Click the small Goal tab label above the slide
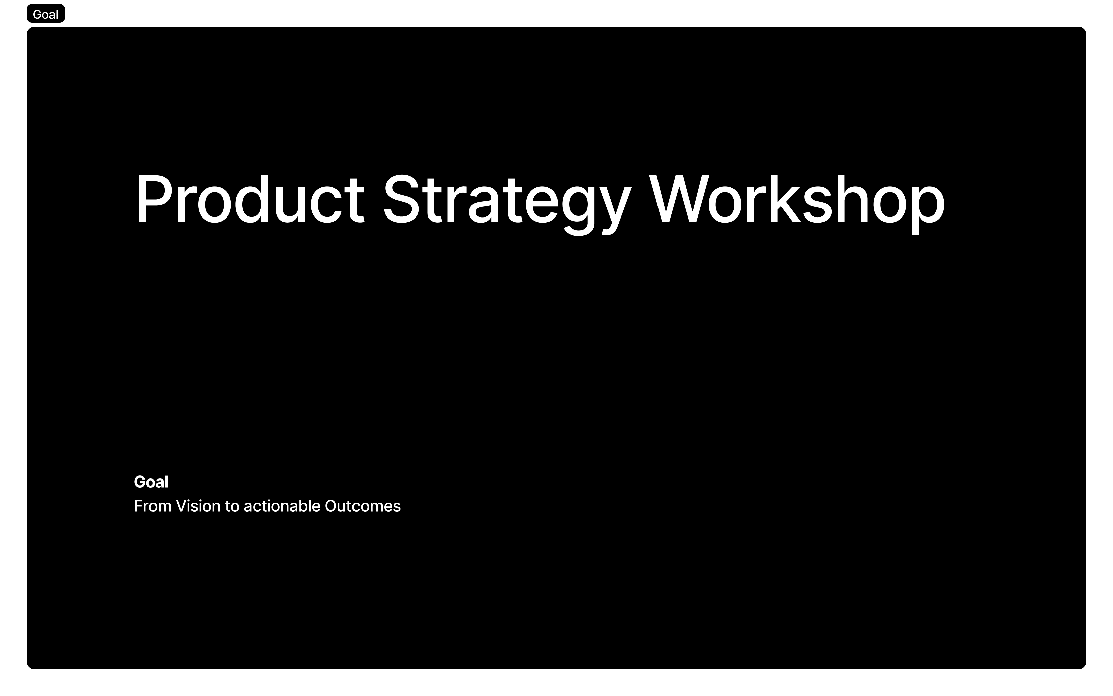click(x=45, y=14)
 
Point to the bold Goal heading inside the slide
click(x=151, y=482)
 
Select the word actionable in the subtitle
click(x=282, y=506)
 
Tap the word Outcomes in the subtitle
click(x=363, y=506)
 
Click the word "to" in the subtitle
click(x=232, y=506)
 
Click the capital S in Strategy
click(x=402, y=199)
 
